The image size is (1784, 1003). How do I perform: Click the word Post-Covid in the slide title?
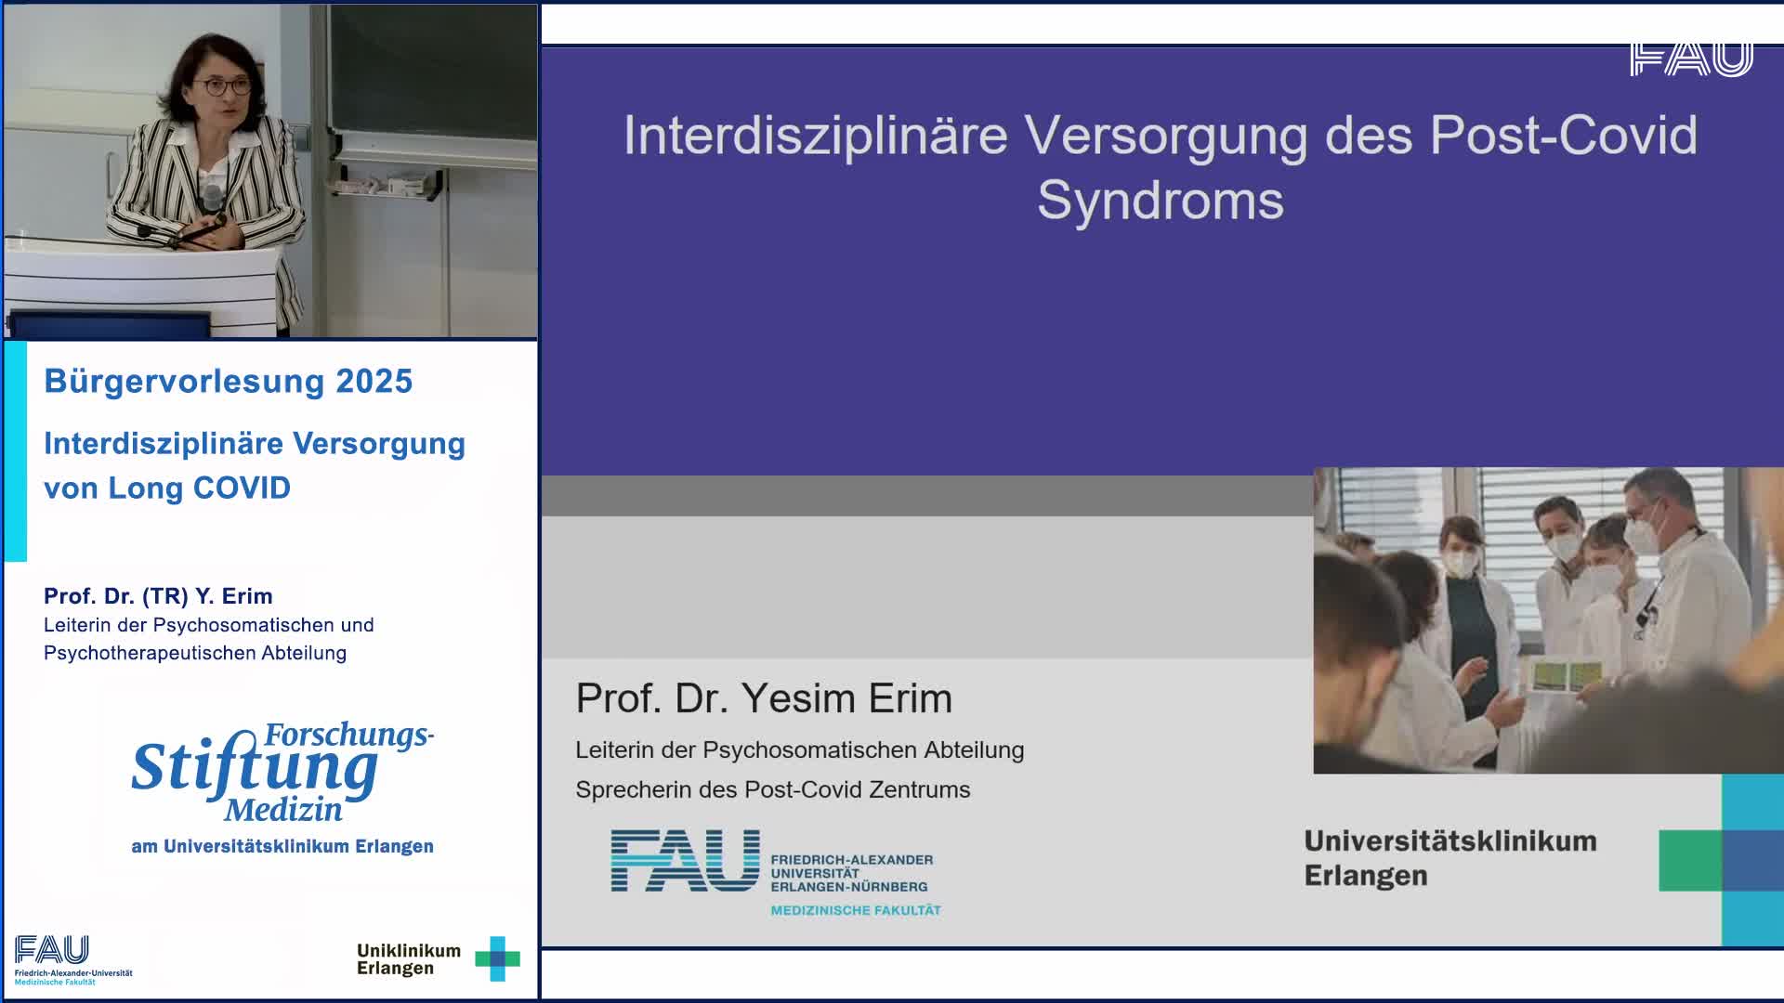tap(1564, 136)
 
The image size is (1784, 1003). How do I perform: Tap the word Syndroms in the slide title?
tap(1161, 201)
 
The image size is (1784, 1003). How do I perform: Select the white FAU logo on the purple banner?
tap(1691, 59)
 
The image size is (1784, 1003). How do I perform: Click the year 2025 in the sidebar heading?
tap(374, 382)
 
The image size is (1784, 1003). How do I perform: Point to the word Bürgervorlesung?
tap(183, 382)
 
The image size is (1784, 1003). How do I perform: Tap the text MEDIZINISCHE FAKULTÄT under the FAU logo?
tap(856, 910)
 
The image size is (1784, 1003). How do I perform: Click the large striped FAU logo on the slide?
tap(685, 861)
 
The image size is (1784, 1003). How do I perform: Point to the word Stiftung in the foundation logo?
tap(255, 768)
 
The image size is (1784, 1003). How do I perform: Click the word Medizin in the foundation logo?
tap(283, 810)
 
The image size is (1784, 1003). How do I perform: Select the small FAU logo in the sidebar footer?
tap(52, 950)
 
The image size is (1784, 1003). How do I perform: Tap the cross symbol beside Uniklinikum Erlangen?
tap(497, 958)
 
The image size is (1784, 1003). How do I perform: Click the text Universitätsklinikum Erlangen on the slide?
tap(1450, 859)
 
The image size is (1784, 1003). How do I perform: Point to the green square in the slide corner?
tap(1690, 861)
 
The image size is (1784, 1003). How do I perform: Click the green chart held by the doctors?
tap(1568, 675)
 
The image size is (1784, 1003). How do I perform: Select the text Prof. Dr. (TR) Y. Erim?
tap(158, 596)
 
